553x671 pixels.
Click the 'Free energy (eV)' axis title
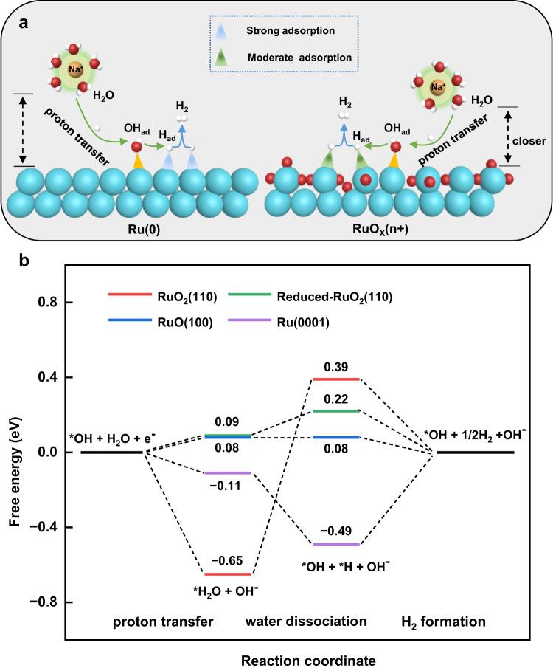pyautogui.click(x=15, y=452)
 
